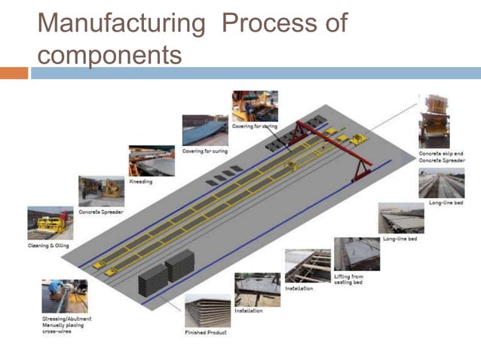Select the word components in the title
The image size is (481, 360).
click(x=109, y=54)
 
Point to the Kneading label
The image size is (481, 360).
click(x=142, y=181)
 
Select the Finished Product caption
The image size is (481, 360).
click(x=206, y=331)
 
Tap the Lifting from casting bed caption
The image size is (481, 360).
click(x=348, y=279)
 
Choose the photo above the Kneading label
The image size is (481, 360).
click(x=152, y=160)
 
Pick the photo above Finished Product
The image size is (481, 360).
click(x=208, y=310)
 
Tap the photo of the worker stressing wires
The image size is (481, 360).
click(x=65, y=297)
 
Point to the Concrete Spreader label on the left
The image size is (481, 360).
click(x=101, y=212)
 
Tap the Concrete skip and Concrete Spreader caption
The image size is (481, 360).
click(x=440, y=157)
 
